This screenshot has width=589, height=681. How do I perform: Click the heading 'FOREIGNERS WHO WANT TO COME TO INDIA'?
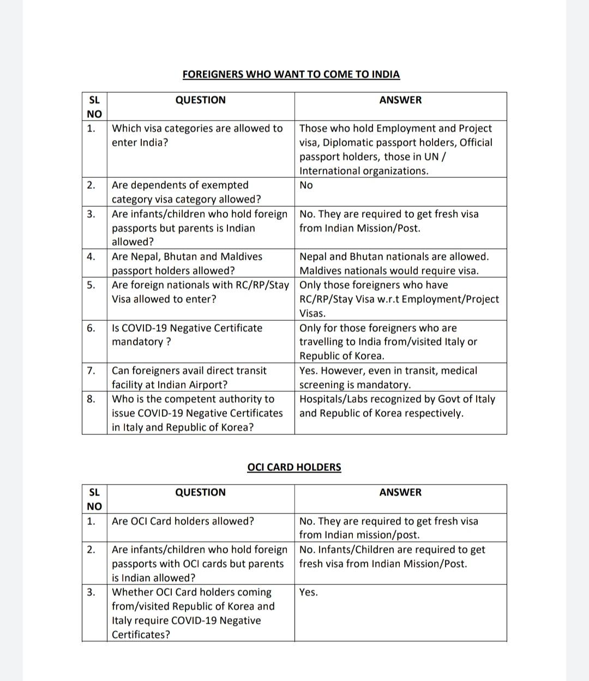click(291, 74)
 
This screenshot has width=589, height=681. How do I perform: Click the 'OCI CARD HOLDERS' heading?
click(294, 467)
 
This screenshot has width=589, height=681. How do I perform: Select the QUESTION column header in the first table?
click(200, 100)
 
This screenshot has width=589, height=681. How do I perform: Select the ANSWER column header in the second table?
click(400, 492)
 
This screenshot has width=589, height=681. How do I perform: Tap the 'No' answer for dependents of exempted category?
click(306, 185)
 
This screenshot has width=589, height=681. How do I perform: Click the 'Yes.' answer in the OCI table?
click(308, 592)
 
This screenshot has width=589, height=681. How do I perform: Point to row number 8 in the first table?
click(91, 399)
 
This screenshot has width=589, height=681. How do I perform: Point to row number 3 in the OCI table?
click(91, 592)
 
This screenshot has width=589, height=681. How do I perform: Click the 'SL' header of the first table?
click(94, 100)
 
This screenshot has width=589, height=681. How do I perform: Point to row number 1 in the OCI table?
click(91, 521)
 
